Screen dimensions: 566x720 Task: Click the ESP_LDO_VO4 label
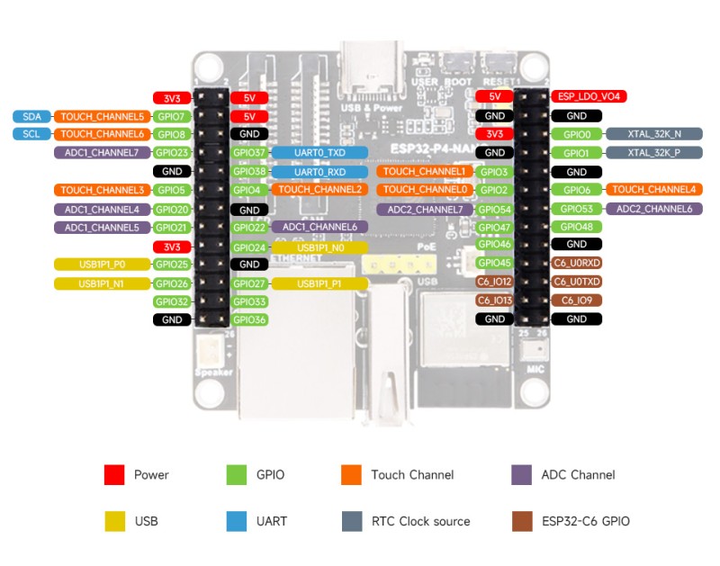point(589,96)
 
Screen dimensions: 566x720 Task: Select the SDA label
point(31,116)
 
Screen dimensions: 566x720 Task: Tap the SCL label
point(31,134)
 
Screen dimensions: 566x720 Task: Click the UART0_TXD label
point(319,153)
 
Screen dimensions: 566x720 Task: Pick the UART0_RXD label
point(319,171)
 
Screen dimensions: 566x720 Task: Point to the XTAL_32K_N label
point(653,134)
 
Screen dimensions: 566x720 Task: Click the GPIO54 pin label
point(494,209)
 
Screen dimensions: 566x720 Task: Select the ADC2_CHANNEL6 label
point(654,209)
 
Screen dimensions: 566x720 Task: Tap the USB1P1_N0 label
point(319,247)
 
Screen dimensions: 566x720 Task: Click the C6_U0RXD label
point(576,264)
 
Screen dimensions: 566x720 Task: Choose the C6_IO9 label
point(576,301)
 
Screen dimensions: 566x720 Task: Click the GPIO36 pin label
point(249,319)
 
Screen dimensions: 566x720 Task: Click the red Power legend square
point(113,474)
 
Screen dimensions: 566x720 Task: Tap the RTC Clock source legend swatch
point(352,520)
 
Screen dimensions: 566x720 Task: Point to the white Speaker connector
point(208,353)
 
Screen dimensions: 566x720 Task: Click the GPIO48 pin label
point(576,228)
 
